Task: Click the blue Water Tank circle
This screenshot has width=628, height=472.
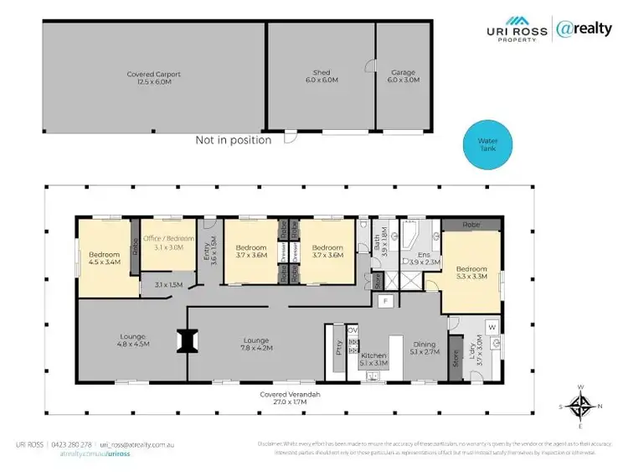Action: pos(486,147)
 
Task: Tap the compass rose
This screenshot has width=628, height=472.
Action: pos(579,407)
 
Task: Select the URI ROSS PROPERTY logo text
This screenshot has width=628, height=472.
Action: pos(517,33)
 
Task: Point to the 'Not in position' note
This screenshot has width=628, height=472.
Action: pos(233,140)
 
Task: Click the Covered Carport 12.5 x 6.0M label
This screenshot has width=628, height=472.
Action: pos(153,77)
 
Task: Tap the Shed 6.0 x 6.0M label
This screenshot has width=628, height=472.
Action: pos(320,77)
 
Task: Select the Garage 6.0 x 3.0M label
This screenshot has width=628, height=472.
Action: pos(403,77)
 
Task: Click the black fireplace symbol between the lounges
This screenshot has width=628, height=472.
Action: pos(185,340)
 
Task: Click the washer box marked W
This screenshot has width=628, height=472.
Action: pos(492,327)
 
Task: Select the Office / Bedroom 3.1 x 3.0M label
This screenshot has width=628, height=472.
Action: pos(168,242)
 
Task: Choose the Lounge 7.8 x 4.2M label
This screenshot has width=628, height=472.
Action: pos(255,344)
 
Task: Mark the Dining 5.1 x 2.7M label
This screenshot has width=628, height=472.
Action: pos(425,348)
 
